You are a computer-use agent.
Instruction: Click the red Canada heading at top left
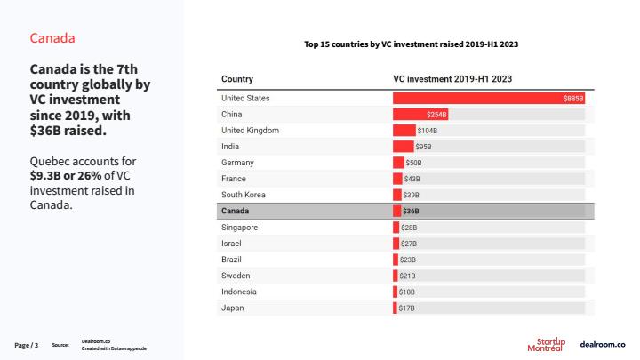pos(52,38)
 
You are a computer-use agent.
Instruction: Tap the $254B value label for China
pos(436,115)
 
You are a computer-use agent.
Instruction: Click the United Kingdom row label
pos(250,131)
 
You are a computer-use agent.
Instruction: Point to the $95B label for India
pos(424,147)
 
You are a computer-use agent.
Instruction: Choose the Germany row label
pos(237,163)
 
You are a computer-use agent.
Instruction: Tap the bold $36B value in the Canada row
pos(411,212)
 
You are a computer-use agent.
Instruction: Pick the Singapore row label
pos(240,228)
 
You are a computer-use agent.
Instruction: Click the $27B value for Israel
pos(409,244)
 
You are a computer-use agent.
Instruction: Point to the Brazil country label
pos(233,260)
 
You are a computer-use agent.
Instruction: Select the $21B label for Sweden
pos(408,276)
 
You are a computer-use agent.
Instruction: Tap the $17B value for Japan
pos(407,308)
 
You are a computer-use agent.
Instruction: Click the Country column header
pos(237,79)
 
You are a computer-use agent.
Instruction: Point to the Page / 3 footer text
pos(27,344)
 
